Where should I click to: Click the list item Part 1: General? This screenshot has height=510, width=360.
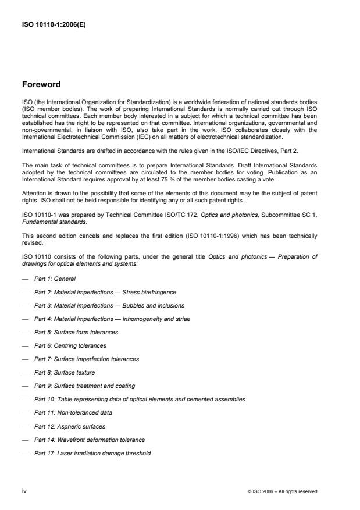(x=55, y=279)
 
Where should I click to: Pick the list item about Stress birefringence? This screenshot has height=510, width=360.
(x=105, y=291)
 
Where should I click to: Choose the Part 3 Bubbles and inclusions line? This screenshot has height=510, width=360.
(x=109, y=305)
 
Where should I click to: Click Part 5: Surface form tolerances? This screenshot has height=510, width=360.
(x=76, y=332)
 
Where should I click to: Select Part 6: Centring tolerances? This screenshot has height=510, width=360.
(x=70, y=345)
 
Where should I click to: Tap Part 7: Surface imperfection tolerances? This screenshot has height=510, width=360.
(x=87, y=359)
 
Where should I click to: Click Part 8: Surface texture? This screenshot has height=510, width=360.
(x=65, y=372)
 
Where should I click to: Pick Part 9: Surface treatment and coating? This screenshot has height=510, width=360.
(x=84, y=386)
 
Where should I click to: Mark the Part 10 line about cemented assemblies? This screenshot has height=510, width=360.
(x=140, y=399)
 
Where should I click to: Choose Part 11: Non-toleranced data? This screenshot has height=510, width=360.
(x=73, y=412)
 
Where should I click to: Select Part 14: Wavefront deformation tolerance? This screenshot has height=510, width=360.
(x=90, y=439)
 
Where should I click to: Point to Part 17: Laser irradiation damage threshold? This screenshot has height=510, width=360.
(x=92, y=452)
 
